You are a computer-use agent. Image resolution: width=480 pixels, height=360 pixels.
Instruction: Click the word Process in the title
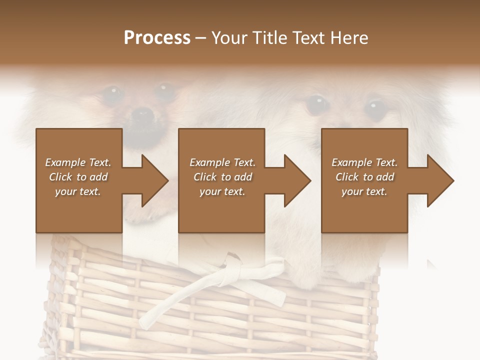[157, 38]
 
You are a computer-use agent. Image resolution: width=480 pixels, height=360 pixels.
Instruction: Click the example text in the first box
[78, 177]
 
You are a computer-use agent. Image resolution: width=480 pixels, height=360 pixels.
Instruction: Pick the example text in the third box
[364, 177]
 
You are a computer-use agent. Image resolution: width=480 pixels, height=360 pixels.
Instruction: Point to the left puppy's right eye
[164, 90]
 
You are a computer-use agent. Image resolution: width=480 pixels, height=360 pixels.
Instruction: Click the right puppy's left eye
[316, 103]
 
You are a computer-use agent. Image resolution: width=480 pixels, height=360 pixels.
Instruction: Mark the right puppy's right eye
[374, 107]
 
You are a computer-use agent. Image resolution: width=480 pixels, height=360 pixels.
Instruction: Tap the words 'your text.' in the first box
[78, 191]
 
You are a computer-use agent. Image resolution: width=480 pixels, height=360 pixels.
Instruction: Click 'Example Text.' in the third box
[364, 162]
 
